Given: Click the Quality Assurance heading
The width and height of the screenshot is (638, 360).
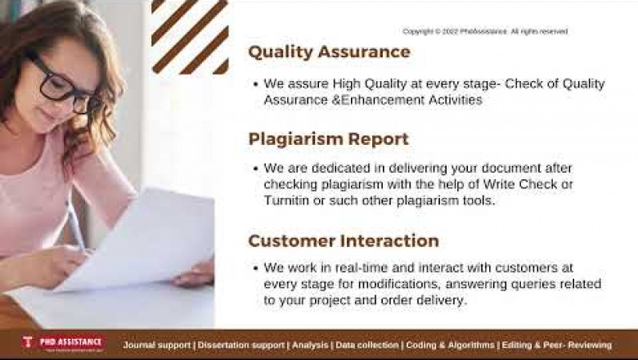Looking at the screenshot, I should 329,52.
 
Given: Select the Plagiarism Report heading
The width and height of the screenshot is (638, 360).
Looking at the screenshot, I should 328,139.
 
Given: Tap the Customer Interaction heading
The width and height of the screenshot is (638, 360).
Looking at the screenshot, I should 344,241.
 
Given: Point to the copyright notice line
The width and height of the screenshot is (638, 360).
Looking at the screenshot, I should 484,31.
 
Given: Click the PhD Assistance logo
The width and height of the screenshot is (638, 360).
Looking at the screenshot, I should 63,343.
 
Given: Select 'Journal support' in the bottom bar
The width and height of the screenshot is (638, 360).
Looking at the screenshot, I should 157,345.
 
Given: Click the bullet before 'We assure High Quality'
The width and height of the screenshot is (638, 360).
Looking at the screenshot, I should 255,84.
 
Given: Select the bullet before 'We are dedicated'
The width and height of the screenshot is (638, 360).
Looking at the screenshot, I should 255,168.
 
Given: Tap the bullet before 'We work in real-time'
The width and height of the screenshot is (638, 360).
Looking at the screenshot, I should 255,268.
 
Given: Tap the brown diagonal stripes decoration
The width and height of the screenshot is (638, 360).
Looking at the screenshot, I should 190,36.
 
